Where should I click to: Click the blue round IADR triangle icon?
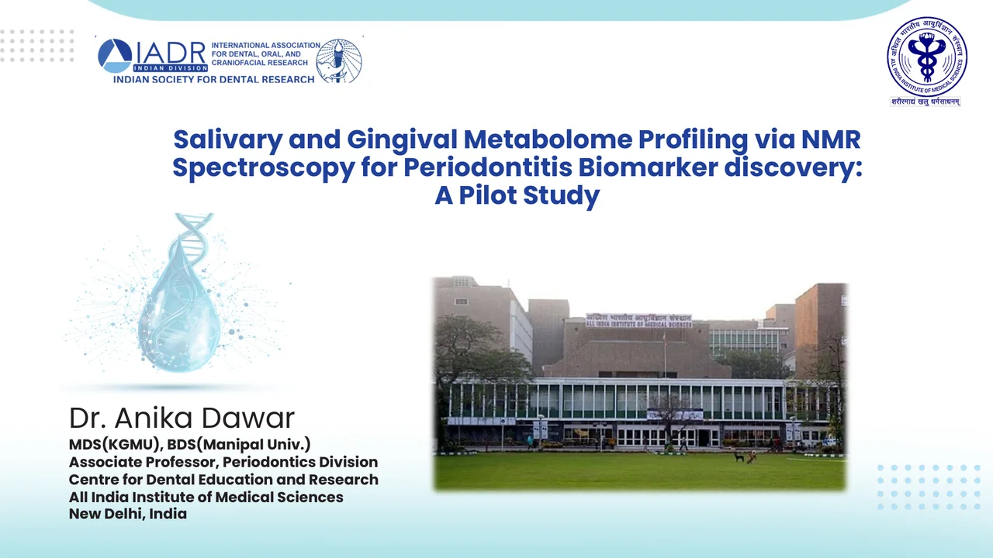click(115, 56)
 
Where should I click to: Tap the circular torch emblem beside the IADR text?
click(340, 60)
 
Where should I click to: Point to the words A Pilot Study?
click(517, 195)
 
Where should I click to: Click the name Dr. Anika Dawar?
click(182, 418)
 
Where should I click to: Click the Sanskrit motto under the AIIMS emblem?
click(926, 101)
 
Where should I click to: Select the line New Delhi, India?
click(128, 513)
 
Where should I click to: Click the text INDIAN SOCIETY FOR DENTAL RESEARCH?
click(214, 79)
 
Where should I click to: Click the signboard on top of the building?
click(638, 319)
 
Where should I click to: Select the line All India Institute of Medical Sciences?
click(206, 497)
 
